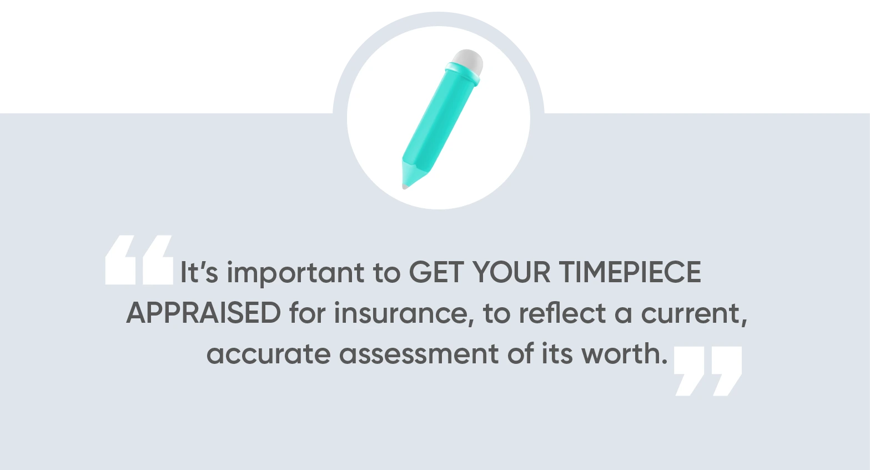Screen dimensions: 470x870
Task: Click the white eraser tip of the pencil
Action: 468,59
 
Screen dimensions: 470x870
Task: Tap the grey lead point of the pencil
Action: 405,186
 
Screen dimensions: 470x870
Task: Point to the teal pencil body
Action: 439,122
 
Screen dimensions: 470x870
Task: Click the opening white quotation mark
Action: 139,260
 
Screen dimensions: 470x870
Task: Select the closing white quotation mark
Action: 708,371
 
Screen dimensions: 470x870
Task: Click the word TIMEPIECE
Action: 630,272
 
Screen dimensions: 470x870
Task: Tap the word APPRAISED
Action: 203,313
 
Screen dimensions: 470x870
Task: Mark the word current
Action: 693,314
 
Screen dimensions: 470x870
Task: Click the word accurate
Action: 268,354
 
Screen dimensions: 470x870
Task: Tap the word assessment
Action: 419,354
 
